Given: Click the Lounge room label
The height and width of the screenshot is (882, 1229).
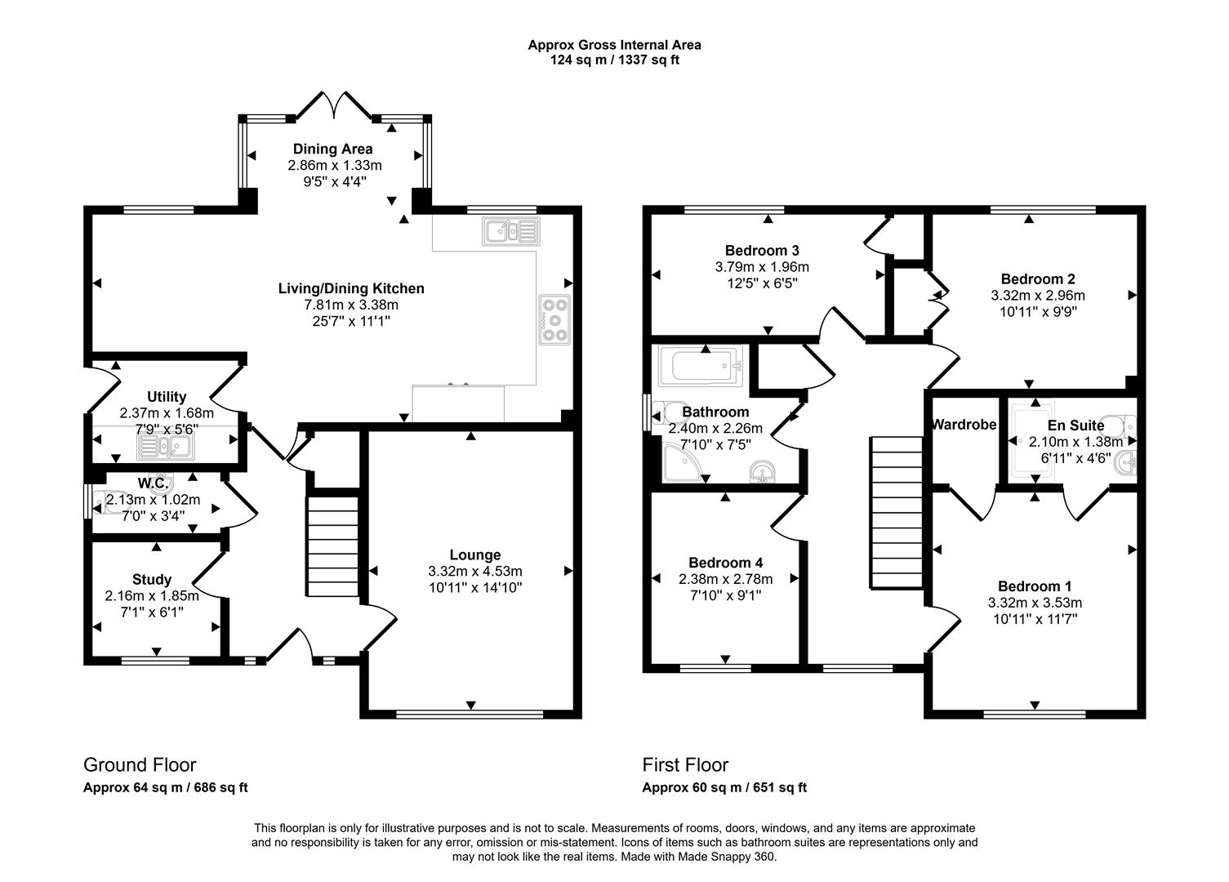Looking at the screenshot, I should pyautogui.click(x=474, y=555).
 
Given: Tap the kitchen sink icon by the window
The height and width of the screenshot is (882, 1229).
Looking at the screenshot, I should pyautogui.click(x=510, y=231).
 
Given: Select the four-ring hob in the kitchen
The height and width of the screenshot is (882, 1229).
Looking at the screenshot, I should pyautogui.click(x=554, y=318).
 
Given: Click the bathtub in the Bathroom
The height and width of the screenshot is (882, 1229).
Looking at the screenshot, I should pyautogui.click(x=701, y=367).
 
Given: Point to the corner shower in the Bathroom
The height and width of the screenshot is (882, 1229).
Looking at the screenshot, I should pyautogui.click(x=678, y=468).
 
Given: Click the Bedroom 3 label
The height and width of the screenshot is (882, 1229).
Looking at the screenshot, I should pyautogui.click(x=761, y=250).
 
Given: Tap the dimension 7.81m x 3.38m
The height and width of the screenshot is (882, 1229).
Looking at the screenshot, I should pyautogui.click(x=351, y=305).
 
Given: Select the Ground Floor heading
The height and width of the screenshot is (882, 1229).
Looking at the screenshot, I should pyautogui.click(x=140, y=765).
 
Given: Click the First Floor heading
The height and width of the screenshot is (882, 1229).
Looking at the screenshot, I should pyautogui.click(x=685, y=765).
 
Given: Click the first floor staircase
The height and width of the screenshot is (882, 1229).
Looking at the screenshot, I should pyautogui.click(x=896, y=512).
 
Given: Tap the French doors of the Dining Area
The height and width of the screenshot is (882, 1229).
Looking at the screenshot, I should pyautogui.click(x=333, y=105).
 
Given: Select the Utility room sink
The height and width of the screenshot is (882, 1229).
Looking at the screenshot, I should pyautogui.click(x=164, y=446).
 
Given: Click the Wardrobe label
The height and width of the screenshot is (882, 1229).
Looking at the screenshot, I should pyautogui.click(x=964, y=425).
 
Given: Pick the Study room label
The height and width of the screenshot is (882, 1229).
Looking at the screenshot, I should pyautogui.click(x=152, y=580).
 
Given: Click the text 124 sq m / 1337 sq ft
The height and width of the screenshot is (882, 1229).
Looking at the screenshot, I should pyautogui.click(x=614, y=60).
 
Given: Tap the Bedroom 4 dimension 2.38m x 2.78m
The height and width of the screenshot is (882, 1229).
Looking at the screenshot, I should pyautogui.click(x=725, y=579).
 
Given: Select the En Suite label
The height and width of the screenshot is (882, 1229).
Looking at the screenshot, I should pyautogui.click(x=1075, y=425).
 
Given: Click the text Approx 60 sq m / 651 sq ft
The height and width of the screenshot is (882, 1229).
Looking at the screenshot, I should pyautogui.click(x=724, y=788).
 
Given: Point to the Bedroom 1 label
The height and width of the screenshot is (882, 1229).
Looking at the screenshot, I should pyautogui.click(x=1035, y=586).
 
